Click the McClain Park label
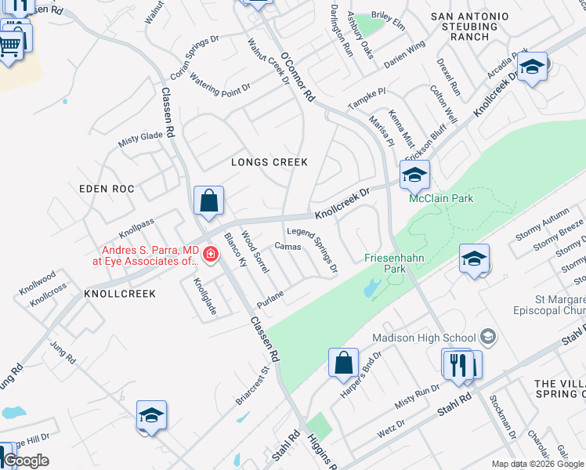pos(442,198)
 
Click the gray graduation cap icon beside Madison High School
pos(488,337)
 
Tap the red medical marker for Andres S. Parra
pos(210,254)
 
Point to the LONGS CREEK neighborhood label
pos(269,162)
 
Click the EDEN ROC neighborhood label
pos(107,189)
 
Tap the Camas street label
pos(288,246)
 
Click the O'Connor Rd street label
pos(298,78)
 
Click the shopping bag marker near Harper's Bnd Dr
pos(343,363)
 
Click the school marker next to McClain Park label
pos(414,175)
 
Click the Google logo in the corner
pos(26,461)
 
